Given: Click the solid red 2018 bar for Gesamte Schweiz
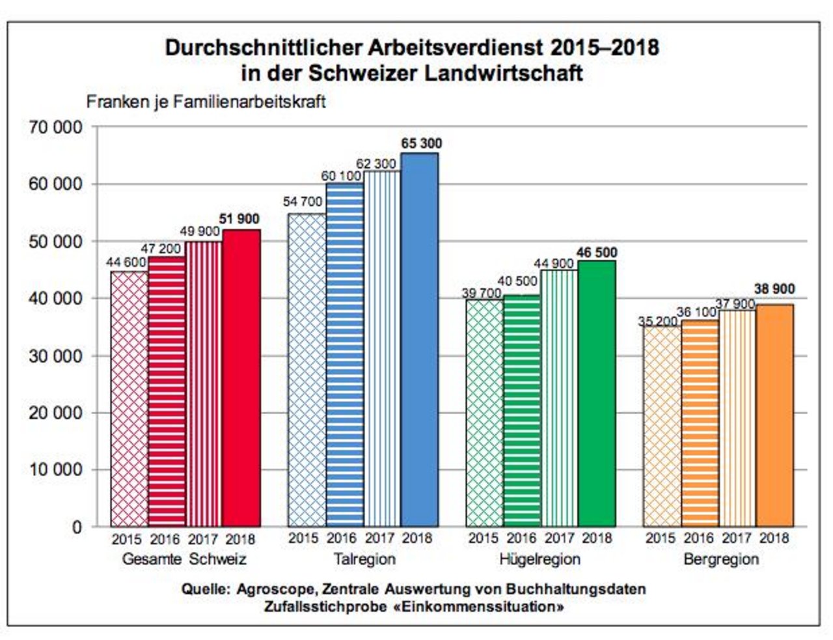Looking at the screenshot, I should (x=241, y=378).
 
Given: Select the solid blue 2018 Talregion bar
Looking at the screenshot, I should (x=420, y=339).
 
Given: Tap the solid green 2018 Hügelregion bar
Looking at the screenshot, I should (x=597, y=393).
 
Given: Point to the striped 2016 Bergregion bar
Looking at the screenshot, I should (x=700, y=423).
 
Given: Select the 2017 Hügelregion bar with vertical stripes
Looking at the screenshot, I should (x=560, y=398).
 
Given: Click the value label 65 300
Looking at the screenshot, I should (x=421, y=143).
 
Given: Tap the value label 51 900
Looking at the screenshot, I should (x=239, y=219).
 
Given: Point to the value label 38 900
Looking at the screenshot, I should (x=774, y=289).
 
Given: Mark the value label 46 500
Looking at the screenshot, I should (x=597, y=252).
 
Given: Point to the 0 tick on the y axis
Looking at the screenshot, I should (x=77, y=527).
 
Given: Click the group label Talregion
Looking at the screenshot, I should (x=364, y=559).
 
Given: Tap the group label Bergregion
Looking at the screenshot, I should (x=721, y=559).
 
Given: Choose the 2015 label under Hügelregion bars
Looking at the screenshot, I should (x=484, y=538).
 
